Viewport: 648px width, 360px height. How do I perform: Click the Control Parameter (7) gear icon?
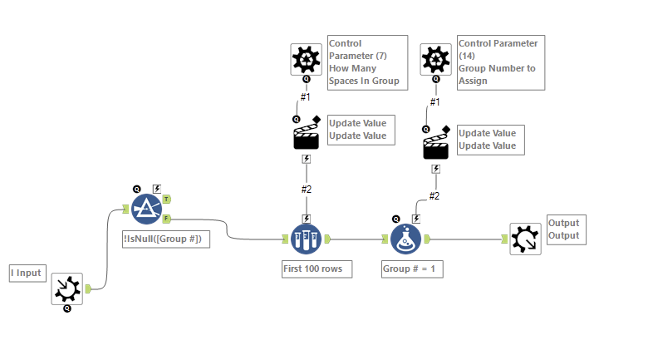point(306,59)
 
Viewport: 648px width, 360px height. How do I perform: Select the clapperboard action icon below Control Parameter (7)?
point(306,136)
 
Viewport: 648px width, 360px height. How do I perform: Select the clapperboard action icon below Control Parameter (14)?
point(435,145)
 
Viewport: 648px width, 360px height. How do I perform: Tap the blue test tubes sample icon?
point(306,240)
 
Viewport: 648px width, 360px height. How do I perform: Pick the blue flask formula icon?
point(407,240)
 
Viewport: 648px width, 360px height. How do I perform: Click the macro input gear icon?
point(66,288)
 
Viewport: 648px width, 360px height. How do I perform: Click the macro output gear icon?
point(525,239)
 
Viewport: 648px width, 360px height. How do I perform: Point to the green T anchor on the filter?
point(167,199)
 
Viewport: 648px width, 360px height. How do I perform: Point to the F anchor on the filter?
point(167,219)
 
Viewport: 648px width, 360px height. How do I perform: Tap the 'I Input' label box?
point(26,272)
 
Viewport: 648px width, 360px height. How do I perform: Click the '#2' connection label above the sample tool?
point(306,190)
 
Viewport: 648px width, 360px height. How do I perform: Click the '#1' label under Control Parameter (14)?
point(434,101)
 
